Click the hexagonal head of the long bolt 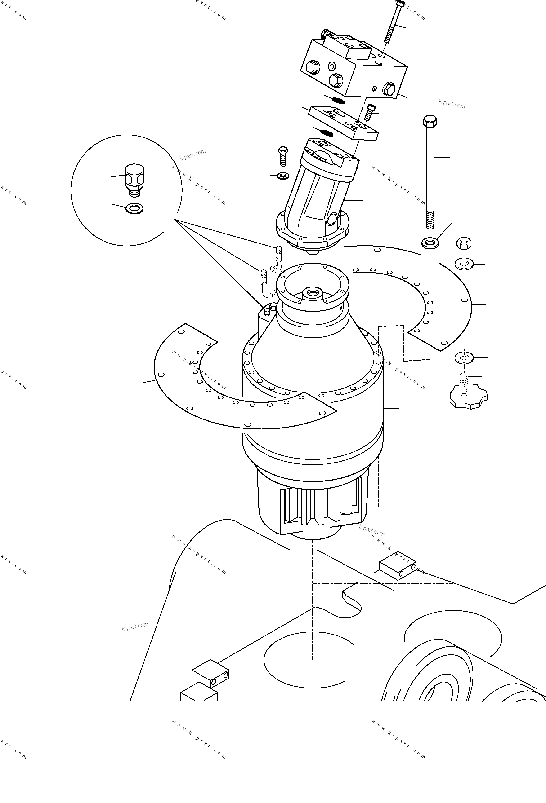tap(430, 121)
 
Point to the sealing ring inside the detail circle tap(134, 208)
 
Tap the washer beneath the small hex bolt tap(284, 176)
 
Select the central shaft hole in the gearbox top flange tap(314, 293)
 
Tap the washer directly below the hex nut tap(464, 264)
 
